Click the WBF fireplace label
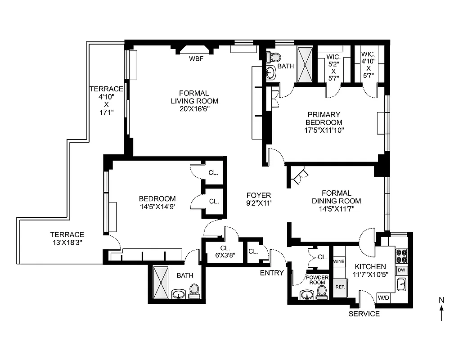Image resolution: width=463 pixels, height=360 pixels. (196, 58)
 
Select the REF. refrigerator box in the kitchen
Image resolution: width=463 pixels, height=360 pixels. (339, 287)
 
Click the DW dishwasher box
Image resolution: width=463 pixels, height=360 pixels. (401, 270)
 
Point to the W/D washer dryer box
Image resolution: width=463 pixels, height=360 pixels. (383, 297)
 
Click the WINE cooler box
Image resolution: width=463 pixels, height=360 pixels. (339, 261)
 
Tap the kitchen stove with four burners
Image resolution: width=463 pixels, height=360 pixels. (401, 256)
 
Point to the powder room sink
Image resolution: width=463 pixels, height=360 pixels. (307, 295)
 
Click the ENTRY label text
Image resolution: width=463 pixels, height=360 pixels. (272, 273)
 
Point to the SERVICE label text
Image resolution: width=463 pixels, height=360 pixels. (364, 314)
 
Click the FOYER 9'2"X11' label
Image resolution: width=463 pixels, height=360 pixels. (259, 199)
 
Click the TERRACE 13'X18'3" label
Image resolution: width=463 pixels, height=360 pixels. (67, 238)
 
